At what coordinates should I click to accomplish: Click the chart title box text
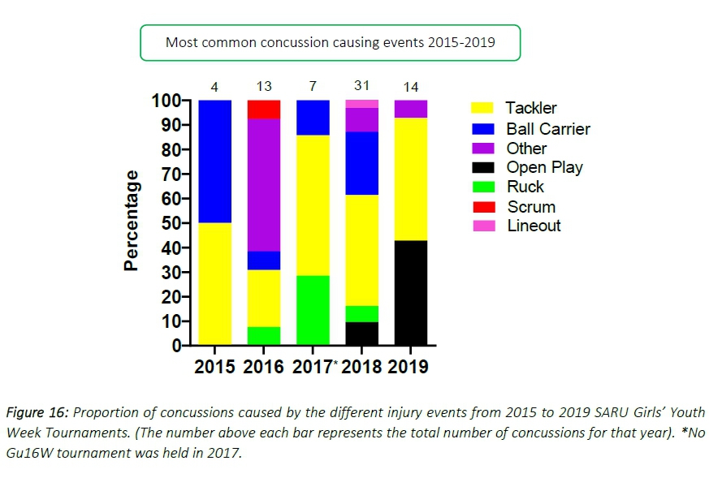330,42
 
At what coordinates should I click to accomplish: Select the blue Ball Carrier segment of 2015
215,161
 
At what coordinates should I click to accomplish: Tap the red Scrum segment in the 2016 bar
263,109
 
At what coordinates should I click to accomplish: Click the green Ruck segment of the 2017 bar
312,310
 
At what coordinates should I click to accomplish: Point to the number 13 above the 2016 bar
263,86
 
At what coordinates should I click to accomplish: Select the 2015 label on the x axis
214,367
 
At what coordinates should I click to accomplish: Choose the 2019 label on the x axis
409,367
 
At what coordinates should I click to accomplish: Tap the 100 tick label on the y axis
165,101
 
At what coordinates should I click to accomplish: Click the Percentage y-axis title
132,220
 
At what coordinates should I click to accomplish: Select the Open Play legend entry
544,168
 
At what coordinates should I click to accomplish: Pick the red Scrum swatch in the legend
483,207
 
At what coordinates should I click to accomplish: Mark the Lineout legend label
534,226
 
